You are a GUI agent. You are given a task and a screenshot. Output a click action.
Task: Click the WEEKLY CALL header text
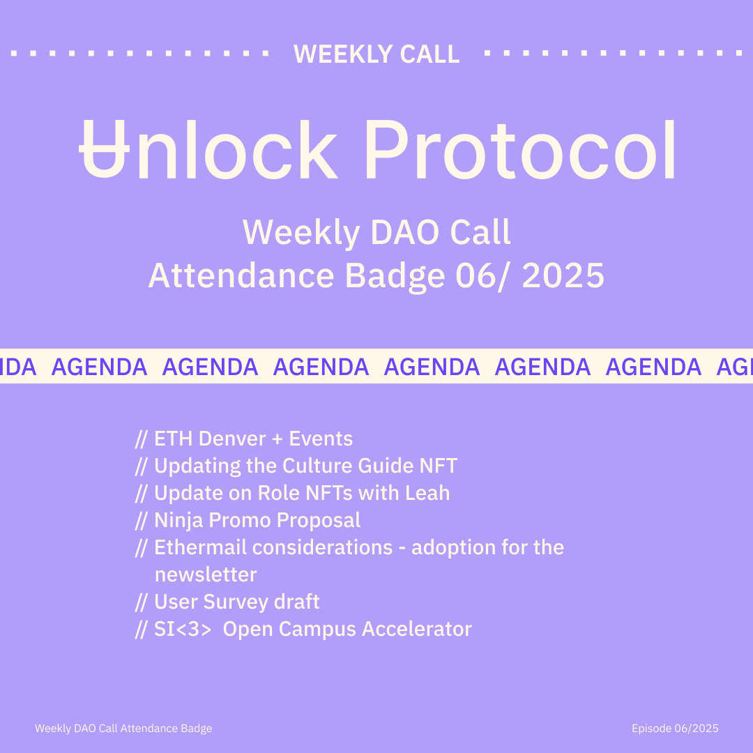(376, 54)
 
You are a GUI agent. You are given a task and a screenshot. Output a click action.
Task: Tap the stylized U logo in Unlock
(104, 149)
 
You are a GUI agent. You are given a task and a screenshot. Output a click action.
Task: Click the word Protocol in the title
(520, 149)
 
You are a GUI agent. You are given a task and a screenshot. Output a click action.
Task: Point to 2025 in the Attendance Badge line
(563, 275)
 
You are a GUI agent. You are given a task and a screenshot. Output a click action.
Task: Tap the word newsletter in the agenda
(206, 575)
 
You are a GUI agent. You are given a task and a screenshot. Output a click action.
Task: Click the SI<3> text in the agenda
(183, 629)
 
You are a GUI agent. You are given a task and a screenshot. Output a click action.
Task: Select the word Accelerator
(417, 629)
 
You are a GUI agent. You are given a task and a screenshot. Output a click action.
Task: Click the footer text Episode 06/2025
(675, 729)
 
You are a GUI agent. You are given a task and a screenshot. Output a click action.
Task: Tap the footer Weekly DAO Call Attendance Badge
(123, 729)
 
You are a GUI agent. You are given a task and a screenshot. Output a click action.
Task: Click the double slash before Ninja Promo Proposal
(141, 521)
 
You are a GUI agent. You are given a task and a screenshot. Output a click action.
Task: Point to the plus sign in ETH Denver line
(277, 439)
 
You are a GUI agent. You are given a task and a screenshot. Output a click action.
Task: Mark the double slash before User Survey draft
(141, 602)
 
